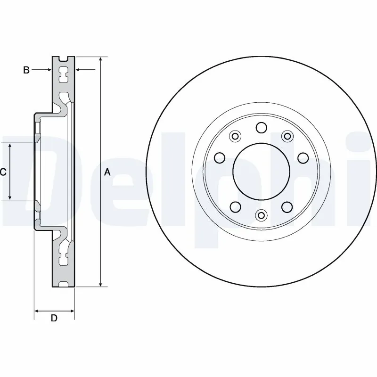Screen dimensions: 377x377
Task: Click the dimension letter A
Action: point(107,172)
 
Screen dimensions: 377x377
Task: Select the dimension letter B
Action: point(26,70)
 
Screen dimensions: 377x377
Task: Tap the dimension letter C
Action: point(3,172)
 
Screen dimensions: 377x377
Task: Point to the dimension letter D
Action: point(54,319)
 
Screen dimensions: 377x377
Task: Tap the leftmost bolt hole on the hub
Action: point(219,157)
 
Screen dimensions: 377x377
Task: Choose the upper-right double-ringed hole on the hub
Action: point(286,136)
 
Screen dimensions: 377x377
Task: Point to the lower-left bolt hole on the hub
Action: point(235,207)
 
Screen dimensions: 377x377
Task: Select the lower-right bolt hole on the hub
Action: point(286,207)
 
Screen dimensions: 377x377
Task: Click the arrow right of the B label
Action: point(47,70)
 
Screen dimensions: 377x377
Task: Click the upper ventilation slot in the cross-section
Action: point(63,74)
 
